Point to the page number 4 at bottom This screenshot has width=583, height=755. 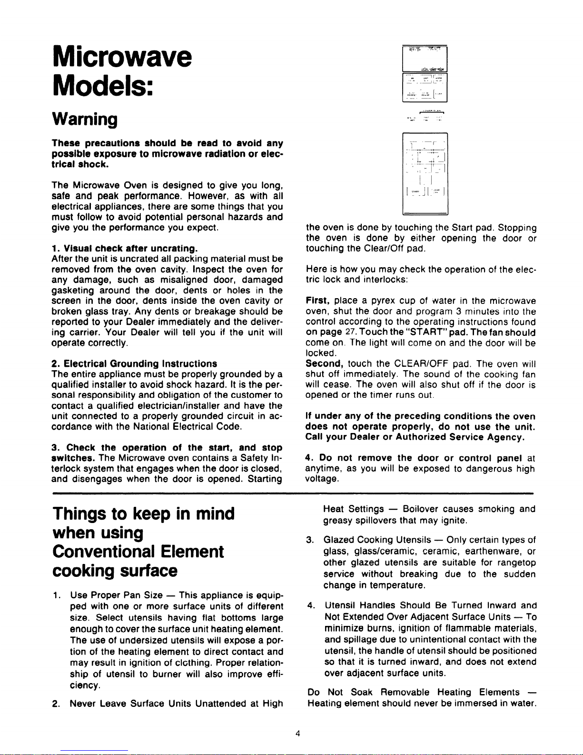point(297,733)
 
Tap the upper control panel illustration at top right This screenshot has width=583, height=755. point(425,74)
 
